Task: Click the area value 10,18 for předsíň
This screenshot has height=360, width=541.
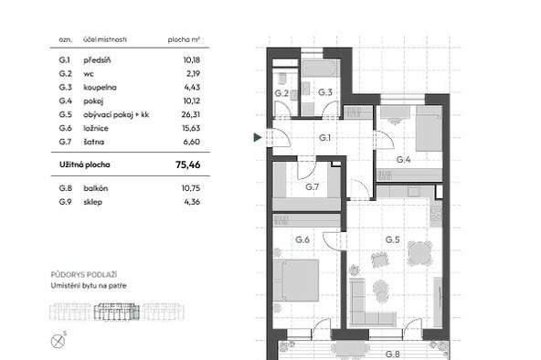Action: click(192, 60)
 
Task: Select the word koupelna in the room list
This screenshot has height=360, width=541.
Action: click(100, 88)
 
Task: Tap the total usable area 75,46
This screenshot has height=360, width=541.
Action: click(187, 164)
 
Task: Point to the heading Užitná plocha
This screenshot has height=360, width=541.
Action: click(84, 164)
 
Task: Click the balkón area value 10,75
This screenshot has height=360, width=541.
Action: click(191, 188)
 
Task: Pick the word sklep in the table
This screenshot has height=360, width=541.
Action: click(92, 202)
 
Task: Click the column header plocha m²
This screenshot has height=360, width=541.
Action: click(184, 39)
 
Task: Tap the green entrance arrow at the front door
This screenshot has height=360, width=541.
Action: click(258, 137)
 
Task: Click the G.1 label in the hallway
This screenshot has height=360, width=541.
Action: click(324, 138)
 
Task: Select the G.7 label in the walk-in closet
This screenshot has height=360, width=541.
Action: click(313, 187)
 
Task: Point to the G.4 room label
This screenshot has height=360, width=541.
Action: click(403, 160)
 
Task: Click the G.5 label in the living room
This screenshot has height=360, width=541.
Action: click(392, 239)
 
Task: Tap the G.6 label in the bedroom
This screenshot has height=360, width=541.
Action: click(302, 239)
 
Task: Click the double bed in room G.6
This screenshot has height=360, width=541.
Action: click(296, 281)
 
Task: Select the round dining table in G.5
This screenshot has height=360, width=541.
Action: click(419, 253)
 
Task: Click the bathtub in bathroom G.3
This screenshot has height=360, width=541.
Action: click(321, 69)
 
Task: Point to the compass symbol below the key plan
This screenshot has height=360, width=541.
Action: click(58, 341)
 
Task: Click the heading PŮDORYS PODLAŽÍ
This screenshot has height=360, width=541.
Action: click(84, 275)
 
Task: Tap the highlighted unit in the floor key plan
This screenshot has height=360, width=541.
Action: click(117, 312)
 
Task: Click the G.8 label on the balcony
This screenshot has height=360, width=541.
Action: click(392, 355)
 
